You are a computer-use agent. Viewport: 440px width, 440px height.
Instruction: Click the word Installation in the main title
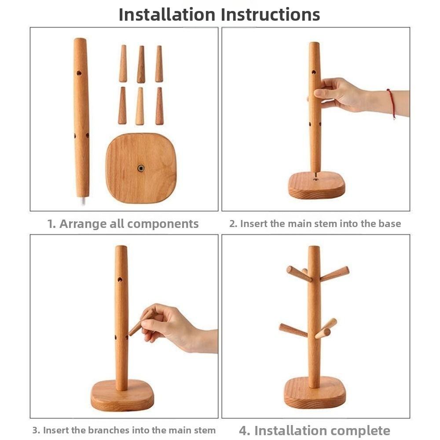167,15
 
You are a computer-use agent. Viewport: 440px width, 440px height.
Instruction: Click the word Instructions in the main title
270,15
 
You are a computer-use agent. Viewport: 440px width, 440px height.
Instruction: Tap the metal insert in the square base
141,169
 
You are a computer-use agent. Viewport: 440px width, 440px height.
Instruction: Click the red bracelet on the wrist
392,103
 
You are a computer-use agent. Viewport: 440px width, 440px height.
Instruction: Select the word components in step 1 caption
163,224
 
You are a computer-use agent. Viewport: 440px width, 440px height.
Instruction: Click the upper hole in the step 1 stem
79,73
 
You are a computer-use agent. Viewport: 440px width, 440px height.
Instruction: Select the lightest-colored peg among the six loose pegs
140,106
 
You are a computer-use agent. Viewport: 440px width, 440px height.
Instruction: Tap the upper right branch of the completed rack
334,274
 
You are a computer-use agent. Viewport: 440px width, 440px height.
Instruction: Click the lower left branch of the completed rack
293,330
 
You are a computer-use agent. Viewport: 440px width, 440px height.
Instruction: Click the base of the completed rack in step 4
315,393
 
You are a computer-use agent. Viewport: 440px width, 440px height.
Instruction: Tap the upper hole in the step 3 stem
120,279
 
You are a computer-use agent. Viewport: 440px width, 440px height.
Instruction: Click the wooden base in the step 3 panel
122,395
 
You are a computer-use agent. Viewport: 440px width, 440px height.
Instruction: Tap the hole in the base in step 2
316,179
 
